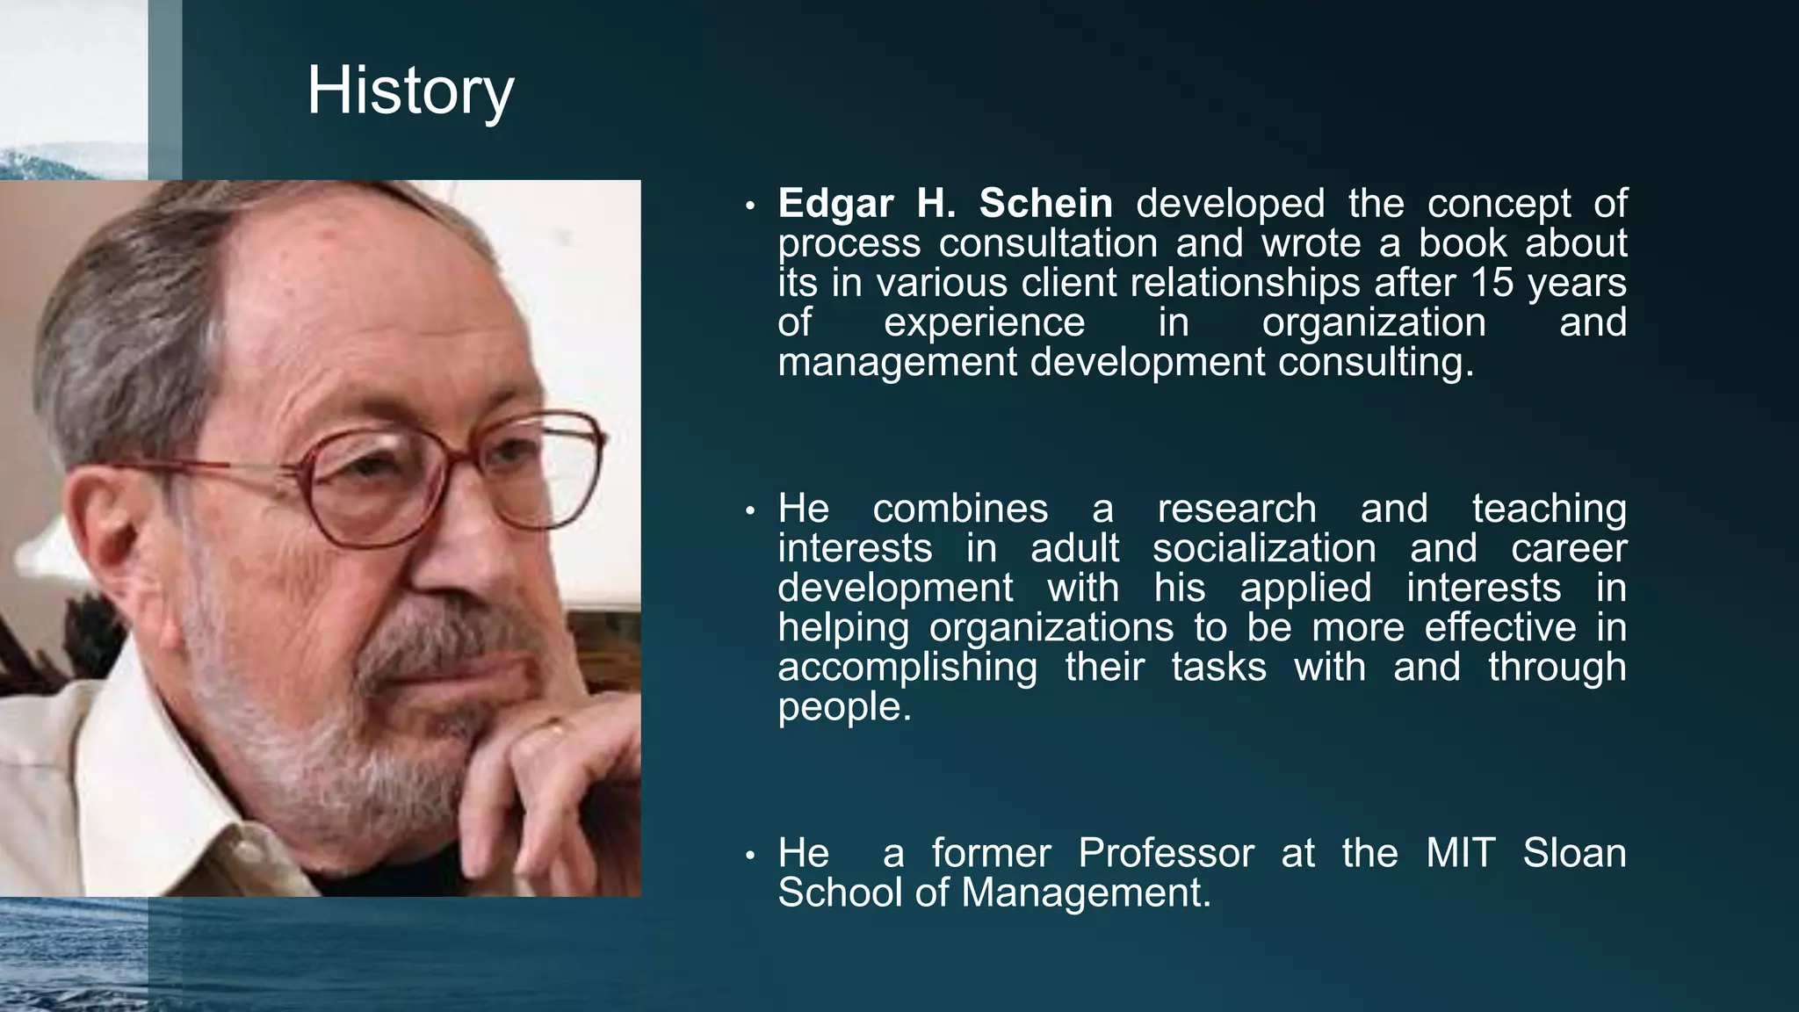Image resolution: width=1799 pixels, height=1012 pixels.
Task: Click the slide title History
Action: pos(410,91)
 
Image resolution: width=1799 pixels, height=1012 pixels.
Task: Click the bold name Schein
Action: pos(1045,204)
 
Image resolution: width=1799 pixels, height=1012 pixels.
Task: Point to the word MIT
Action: pos(1460,853)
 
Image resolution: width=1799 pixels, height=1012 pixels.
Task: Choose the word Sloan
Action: pos(1574,853)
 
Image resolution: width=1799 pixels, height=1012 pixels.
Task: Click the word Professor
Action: pos(1166,853)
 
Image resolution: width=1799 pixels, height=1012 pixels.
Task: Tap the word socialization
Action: pos(1264,549)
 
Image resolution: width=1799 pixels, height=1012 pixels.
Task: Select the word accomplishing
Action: pos(907,668)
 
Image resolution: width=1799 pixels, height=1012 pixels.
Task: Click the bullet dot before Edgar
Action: pos(749,206)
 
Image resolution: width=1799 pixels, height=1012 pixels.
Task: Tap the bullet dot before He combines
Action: pos(749,511)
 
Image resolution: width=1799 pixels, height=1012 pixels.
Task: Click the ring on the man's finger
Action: pos(556,727)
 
